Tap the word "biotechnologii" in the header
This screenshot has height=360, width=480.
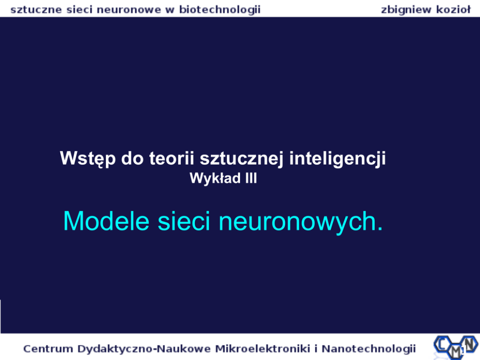(x=220, y=10)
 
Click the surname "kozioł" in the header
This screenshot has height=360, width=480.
(x=453, y=10)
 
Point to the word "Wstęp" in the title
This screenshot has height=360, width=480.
(x=88, y=159)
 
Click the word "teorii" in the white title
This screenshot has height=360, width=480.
(x=172, y=158)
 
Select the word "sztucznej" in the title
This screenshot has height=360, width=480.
(x=241, y=159)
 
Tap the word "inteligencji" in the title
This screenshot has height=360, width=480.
(x=337, y=159)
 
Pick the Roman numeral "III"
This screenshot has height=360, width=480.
(x=251, y=178)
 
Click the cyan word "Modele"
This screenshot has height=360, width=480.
(x=106, y=221)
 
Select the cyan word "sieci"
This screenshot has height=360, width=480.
(x=184, y=221)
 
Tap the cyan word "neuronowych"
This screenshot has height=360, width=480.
(x=298, y=223)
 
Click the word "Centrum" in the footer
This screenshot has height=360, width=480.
(x=48, y=349)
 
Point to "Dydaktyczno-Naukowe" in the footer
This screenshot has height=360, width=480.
(x=144, y=349)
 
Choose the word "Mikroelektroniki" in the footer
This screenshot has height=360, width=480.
(x=263, y=348)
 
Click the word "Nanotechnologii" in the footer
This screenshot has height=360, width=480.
(x=369, y=349)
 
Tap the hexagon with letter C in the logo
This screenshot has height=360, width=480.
(x=442, y=345)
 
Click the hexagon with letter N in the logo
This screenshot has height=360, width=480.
(x=469, y=343)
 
